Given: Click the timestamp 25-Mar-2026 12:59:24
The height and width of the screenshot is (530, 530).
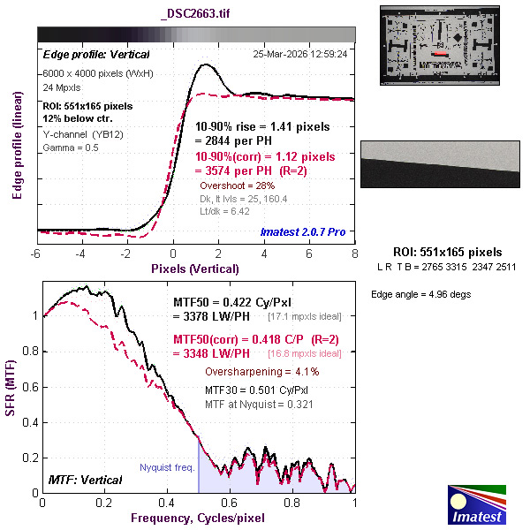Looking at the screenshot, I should [299, 54].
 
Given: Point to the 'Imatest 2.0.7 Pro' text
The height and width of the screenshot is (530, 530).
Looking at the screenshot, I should [303, 231].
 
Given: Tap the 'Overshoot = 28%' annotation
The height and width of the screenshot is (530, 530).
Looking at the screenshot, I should [238, 186].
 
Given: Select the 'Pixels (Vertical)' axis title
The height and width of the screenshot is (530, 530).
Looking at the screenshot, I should [194, 268].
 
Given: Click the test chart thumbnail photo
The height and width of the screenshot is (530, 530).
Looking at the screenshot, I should [440, 45].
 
